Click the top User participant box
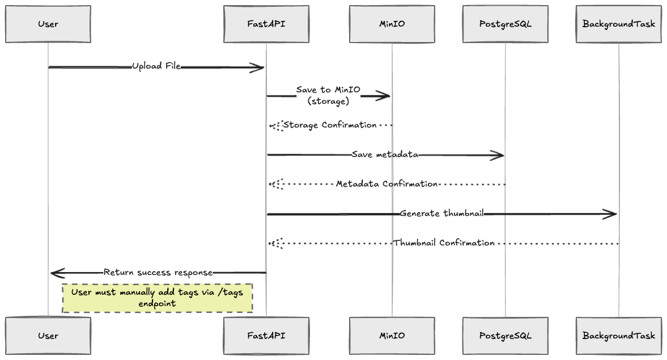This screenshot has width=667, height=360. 48,24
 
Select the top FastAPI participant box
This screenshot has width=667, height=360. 266,24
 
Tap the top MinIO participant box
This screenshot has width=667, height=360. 392,24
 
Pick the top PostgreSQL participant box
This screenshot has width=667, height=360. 505,24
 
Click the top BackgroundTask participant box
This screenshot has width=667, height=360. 618,24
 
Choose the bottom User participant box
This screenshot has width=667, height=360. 48,336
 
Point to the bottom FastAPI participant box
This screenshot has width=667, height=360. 266,336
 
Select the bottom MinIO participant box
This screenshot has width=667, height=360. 392,336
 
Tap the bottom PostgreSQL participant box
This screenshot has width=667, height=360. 505,336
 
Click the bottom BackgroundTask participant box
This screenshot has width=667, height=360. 618,336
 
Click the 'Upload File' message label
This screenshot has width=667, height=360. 156,66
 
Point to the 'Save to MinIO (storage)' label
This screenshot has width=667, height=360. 328,96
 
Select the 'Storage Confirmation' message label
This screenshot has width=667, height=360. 330,125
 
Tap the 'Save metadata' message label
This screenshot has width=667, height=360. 385,155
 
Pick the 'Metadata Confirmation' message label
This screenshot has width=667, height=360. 386,184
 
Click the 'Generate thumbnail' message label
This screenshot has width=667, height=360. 441,214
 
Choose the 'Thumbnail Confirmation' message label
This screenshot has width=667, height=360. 444,243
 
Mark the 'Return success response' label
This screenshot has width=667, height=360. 158,273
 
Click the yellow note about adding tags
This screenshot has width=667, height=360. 157,298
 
